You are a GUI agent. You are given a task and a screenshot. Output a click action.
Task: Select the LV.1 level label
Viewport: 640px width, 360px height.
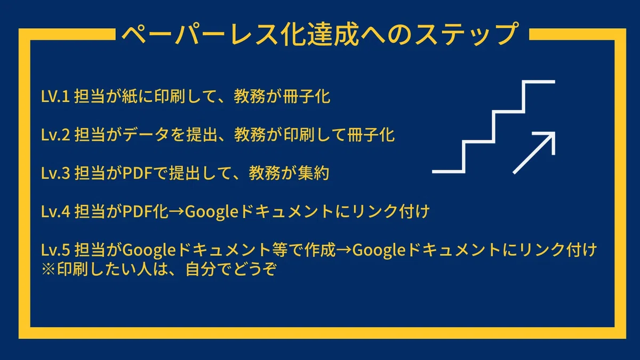55,97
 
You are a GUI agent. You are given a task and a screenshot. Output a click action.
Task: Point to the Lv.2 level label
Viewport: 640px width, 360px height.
55,135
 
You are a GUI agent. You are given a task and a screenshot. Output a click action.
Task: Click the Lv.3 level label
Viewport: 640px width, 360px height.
55,173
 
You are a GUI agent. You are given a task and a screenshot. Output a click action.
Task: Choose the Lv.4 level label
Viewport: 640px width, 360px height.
55,212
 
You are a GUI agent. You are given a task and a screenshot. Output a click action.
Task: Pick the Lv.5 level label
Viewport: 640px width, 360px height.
55,250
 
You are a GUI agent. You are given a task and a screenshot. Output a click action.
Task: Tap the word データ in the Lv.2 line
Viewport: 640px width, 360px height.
146,135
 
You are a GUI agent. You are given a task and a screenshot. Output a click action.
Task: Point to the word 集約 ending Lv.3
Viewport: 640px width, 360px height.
314,173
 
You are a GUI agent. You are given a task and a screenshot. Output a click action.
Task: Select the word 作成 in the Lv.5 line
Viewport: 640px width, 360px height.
320,250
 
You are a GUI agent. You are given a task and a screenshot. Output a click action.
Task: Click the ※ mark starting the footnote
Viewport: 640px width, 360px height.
49,269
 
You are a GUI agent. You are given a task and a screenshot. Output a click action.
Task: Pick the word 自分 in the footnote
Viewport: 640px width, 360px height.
201,269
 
